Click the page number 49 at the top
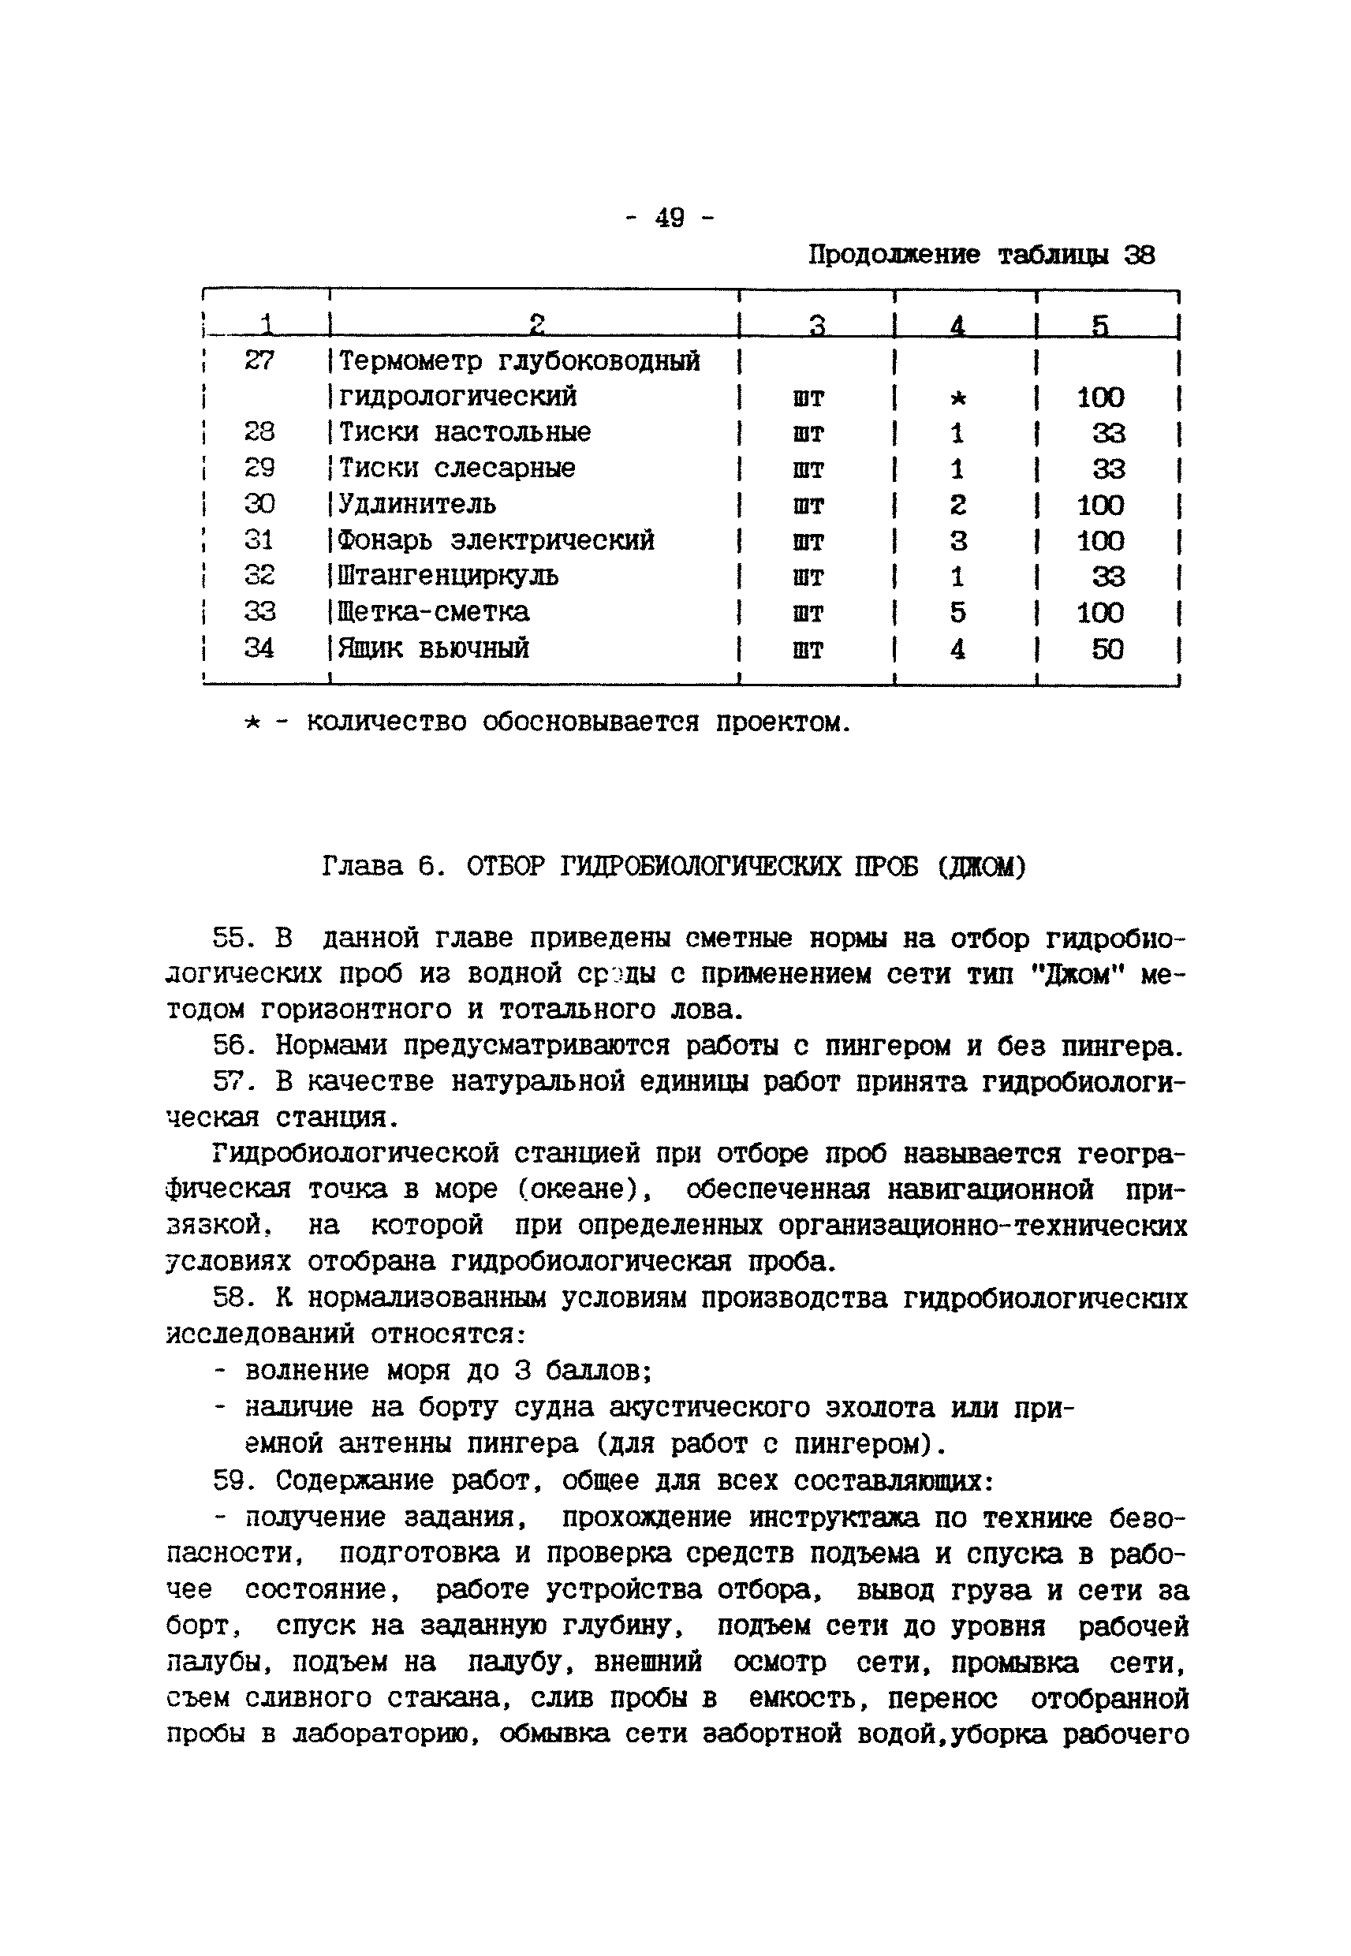tap(670, 218)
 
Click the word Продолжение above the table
tap(894, 255)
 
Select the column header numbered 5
tap(1099, 325)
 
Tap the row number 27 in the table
tap(259, 361)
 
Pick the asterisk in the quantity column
tap(957, 398)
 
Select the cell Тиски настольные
tap(465, 432)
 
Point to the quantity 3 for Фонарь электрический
tap(957, 541)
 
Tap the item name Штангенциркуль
tap(448, 577)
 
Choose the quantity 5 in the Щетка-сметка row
tap(957, 613)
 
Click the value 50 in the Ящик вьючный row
tap(1107, 649)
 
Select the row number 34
tap(259, 648)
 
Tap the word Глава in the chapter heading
tap(362, 867)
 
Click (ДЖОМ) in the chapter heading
tap(981, 867)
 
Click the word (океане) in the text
tap(585, 1190)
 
